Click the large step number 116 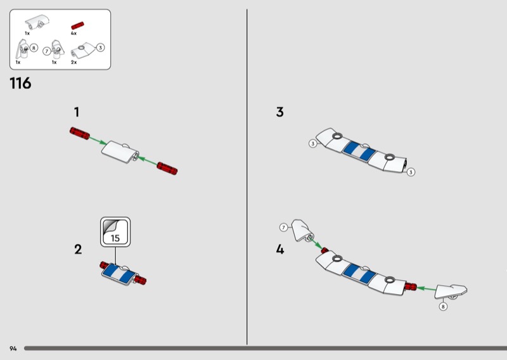[x=20, y=83]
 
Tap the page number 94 [x=13, y=349]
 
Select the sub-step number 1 [x=77, y=112]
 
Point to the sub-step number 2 [x=78, y=249]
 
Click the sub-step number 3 [x=280, y=112]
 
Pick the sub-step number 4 [x=280, y=249]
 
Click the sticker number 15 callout [x=115, y=232]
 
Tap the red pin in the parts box [x=77, y=26]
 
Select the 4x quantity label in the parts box [x=74, y=34]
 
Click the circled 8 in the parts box [x=34, y=48]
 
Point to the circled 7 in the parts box [x=46, y=51]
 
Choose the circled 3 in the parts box [x=101, y=48]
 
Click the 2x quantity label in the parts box [x=74, y=62]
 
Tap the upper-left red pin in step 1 [x=80, y=133]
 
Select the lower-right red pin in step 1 [x=167, y=168]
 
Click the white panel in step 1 [x=120, y=151]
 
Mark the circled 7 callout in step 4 [x=283, y=228]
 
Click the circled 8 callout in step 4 [x=443, y=306]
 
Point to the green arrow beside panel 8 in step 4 [x=427, y=288]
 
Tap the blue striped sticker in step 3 [x=359, y=151]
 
